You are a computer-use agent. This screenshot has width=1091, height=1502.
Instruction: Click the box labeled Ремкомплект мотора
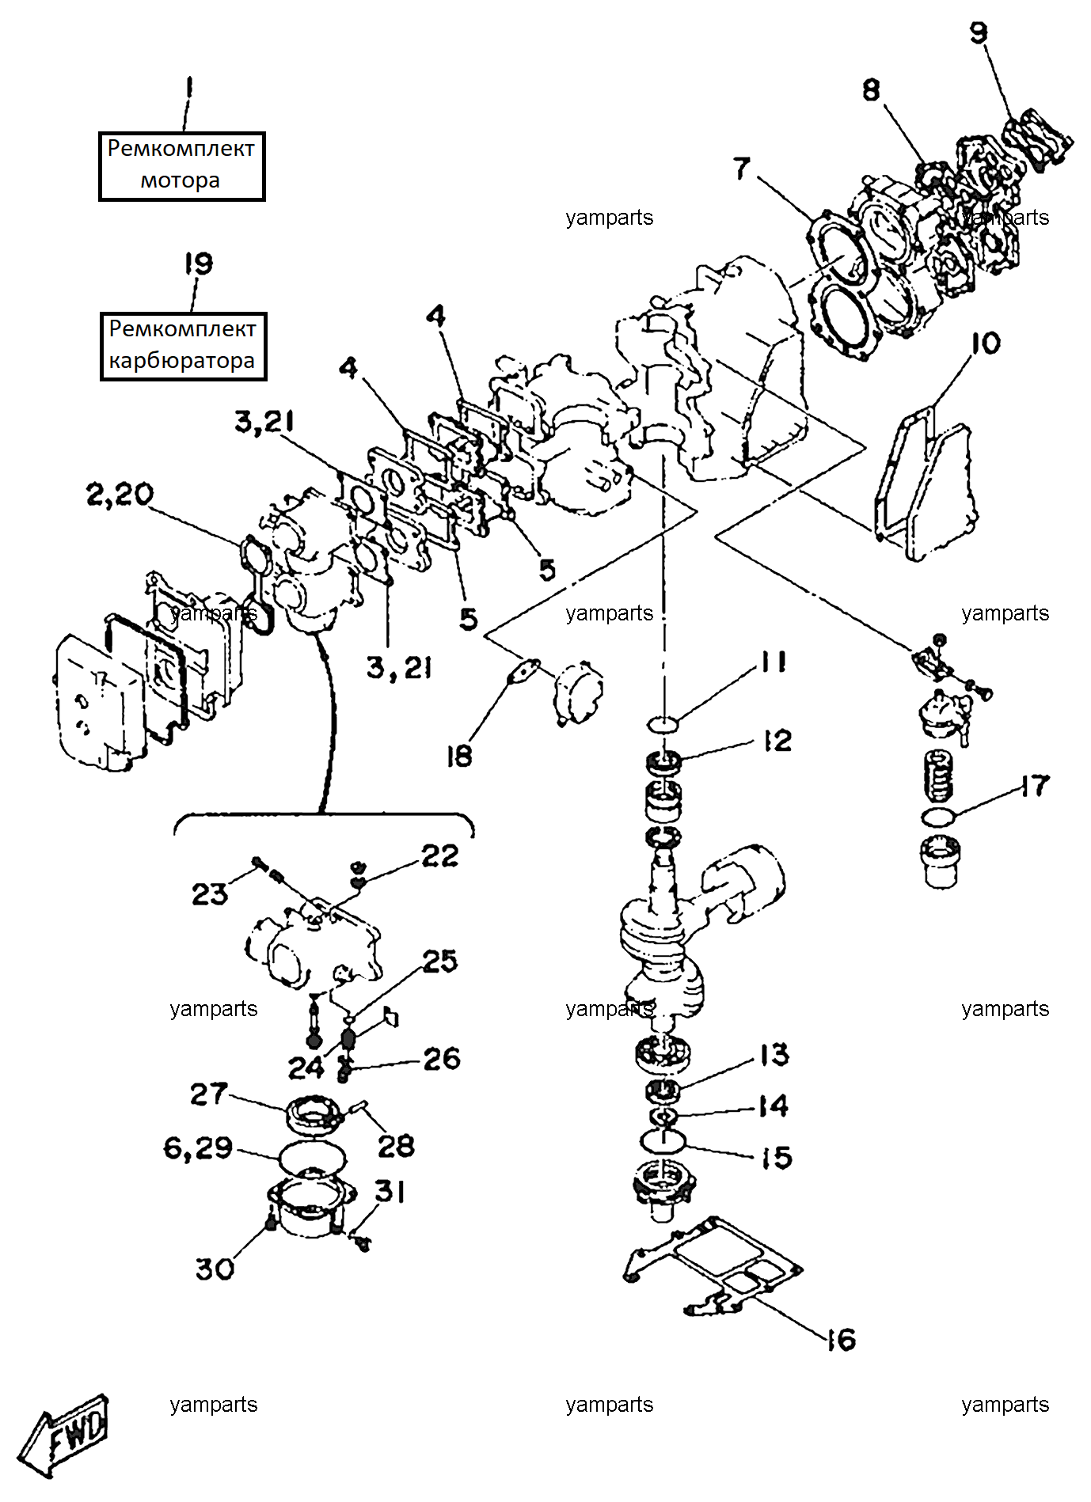click(x=181, y=166)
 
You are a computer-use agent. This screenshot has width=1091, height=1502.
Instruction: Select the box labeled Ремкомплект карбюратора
click(x=183, y=347)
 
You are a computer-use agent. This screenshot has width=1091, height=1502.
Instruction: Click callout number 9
click(x=979, y=32)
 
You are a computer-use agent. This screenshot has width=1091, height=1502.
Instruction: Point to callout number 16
click(x=842, y=1339)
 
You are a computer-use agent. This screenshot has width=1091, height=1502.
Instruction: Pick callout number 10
click(x=986, y=343)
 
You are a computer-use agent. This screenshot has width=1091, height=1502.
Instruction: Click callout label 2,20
click(x=120, y=495)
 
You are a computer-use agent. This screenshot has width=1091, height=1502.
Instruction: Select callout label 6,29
click(x=198, y=1147)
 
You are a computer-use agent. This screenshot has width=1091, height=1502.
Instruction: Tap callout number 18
click(x=458, y=756)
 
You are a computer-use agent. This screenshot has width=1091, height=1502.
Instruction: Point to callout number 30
click(x=215, y=1269)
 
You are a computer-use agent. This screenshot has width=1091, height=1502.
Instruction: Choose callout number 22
click(x=440, y=855)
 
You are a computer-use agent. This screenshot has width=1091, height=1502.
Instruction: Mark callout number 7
click(x=742, y=168)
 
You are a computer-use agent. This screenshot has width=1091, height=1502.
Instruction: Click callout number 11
click(x=774, y=662)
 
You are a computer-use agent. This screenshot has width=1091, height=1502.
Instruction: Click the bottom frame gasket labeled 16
click(x=713, y=1266)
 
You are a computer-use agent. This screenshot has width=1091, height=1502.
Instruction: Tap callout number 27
click(x=209, y=1094)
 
